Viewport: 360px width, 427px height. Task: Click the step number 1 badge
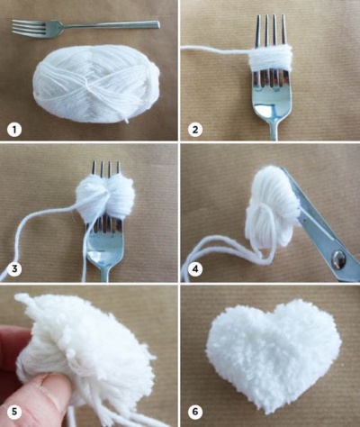click(14, 130)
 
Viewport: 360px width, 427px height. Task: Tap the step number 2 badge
click(195, 130)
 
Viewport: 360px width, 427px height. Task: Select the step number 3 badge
click(14, 269)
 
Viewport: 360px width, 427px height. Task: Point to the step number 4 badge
click(195, 269)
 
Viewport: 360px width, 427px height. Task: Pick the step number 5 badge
click(14, 412)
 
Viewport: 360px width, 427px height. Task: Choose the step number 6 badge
click(195, 412)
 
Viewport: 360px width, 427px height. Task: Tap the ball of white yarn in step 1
click(96, 83)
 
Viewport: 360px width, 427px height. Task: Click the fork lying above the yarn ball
click(85, 28)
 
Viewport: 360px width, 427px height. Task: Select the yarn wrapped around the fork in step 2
click(270, 60)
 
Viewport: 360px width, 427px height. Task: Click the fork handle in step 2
click(274, 130)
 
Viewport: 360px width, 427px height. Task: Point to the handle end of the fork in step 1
click(157, 24)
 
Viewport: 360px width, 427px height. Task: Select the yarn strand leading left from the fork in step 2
click(214, 50)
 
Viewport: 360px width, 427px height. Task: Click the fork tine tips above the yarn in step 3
click(106, 168)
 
